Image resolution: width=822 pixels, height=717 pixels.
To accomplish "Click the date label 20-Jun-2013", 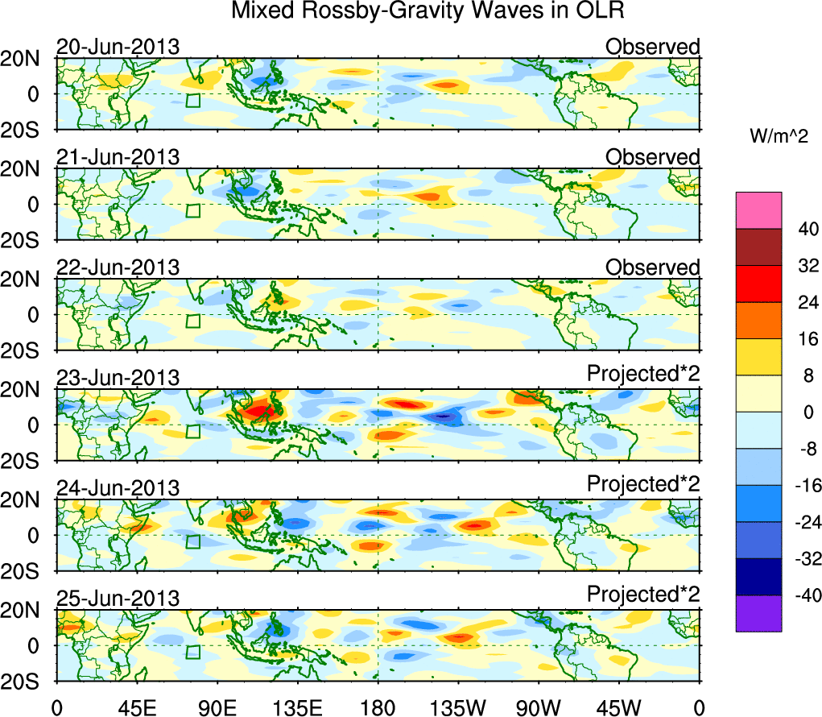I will click(x=118, y=47).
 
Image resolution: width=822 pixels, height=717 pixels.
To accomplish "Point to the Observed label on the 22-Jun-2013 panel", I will click(x=653, y=267).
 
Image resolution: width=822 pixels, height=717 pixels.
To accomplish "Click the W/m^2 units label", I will click(x=778, y=137).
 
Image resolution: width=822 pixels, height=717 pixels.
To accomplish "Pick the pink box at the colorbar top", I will click(x=758, y=210).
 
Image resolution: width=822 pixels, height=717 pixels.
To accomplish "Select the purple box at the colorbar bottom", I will click(x=758, y=614).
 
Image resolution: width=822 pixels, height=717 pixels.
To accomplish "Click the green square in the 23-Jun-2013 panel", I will click(x=192, y=431).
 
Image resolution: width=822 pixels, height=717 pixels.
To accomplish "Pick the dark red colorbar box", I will click(x=758, y=247).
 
